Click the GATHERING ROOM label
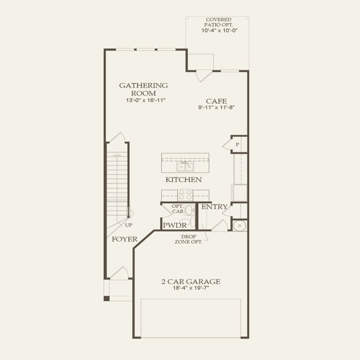143,89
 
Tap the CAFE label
216,101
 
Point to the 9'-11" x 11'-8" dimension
216,107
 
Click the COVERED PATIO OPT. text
218,22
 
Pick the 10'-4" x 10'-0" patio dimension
219,30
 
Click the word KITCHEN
183,180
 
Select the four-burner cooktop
185,195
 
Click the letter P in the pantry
237,145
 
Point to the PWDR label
175,226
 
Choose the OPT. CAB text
177,209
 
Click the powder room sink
190,210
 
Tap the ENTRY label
215,207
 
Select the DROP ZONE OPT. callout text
189,239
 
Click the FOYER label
125,239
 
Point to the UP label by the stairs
129,225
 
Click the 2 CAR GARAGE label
191,282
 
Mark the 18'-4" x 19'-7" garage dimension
191,288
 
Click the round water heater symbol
240,226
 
